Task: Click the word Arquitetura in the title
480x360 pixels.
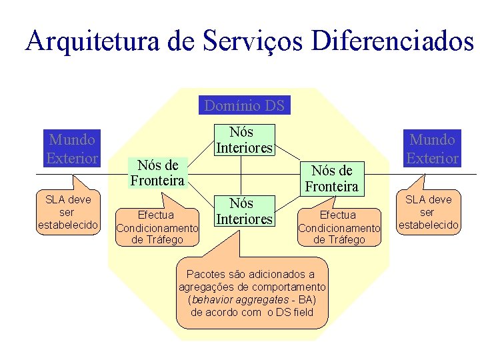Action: (93, 41)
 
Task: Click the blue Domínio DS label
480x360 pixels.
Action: (244, 105)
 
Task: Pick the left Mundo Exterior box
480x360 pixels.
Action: (72, 148)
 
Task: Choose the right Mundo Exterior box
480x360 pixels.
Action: (433, 148)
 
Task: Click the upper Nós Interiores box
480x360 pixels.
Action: (244, 140)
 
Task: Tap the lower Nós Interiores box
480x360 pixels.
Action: (244, 211)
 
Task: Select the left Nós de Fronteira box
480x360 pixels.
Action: (157, 173)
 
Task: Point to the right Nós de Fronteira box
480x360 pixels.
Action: (332, 178)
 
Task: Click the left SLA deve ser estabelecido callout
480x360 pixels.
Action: (67, 212)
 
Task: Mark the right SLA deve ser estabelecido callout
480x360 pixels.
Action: (428, 212)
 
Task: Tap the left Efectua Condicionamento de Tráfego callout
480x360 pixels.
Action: (157, 227)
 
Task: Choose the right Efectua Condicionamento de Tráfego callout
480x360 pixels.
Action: (339, 227)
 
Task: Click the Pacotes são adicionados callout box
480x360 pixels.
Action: (253, 293)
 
